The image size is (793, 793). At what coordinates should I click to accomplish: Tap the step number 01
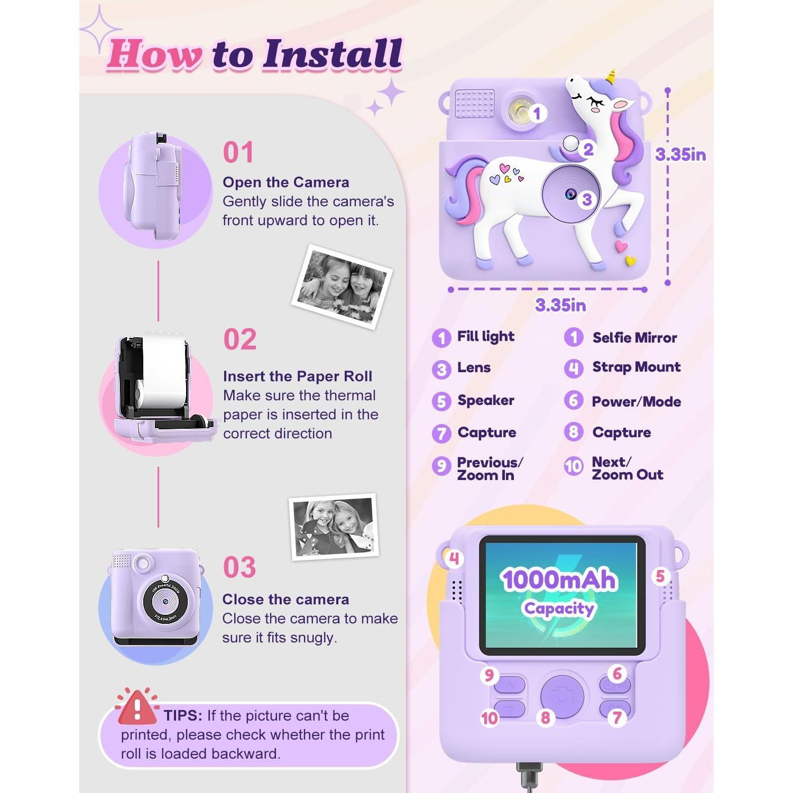click(x=238, y=152)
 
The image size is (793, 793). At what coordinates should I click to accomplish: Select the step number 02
click(x=239, y=339)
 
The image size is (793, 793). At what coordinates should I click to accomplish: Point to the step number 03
click(x=239, y=567)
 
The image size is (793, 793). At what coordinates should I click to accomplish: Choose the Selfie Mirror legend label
click(x=634, y=338)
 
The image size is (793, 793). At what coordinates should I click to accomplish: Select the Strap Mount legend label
click(x=636, y=367)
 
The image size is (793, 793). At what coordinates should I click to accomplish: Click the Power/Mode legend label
click(x=636, y=402)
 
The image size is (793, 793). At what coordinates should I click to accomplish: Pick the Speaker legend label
click(x=485, y=400)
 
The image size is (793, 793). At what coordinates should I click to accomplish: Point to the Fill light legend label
click(x=485, y=337)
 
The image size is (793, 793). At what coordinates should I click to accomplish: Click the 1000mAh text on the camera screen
click(x=559, y=579)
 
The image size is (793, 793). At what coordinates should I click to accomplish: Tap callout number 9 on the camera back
click(x=489, y=675)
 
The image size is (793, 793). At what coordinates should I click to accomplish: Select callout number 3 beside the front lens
click(x=586, y=200)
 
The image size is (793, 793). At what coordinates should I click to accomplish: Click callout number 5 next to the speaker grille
click(x=660, y=576)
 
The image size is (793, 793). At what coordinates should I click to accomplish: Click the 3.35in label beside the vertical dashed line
click(x=680, y=154)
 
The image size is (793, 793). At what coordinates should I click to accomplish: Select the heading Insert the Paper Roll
click(x=297, y=376)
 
